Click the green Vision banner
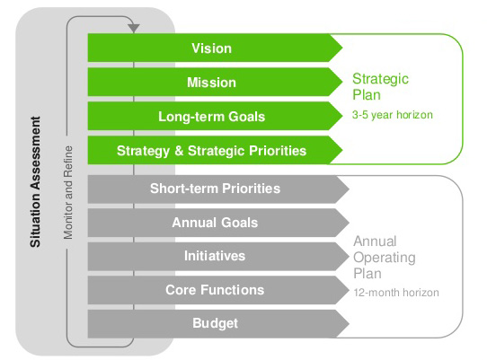215,48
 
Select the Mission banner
215,82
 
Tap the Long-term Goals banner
215,116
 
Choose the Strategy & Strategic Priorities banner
215,150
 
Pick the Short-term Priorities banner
218,189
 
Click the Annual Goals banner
218,223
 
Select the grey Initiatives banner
218,257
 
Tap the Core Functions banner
218,290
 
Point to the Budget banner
218,324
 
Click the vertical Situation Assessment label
35,182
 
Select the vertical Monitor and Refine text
68,192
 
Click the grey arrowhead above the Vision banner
134,28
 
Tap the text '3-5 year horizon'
393,115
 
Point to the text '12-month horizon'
396,293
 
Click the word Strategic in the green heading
380,79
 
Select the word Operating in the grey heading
385,258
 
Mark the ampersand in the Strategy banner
179,151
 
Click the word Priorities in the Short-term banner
252,189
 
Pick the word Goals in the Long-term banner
246,117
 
